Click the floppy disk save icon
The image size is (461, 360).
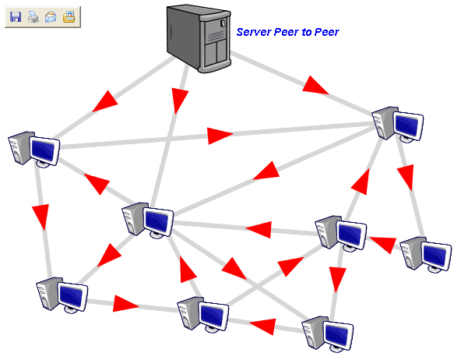point(15,17)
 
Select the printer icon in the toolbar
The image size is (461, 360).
point(33,17)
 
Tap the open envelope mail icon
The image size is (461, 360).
point(51,17)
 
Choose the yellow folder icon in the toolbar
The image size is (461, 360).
point(69,17)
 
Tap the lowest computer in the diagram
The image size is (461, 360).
point(327,334)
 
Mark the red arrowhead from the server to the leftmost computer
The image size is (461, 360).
point(105,101)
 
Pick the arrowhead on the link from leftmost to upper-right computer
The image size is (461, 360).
point(220,136)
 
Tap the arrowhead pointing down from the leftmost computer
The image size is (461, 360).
point(40,216)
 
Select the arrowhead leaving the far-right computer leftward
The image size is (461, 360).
point(382,244)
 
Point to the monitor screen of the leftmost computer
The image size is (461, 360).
point(44,150)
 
